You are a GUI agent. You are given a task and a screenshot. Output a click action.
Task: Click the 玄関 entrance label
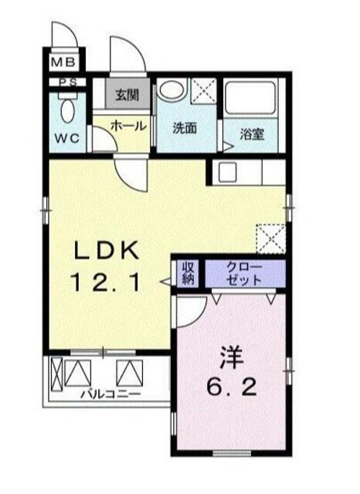tap(127, 96)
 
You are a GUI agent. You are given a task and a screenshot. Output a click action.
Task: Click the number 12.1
tap(107, 284)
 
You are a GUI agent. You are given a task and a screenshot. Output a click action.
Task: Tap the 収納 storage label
tap(188, 272)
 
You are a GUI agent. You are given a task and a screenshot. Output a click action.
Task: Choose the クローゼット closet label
tap(244, 273)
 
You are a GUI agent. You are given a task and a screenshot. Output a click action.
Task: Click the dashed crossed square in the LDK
tap(272, 237)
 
